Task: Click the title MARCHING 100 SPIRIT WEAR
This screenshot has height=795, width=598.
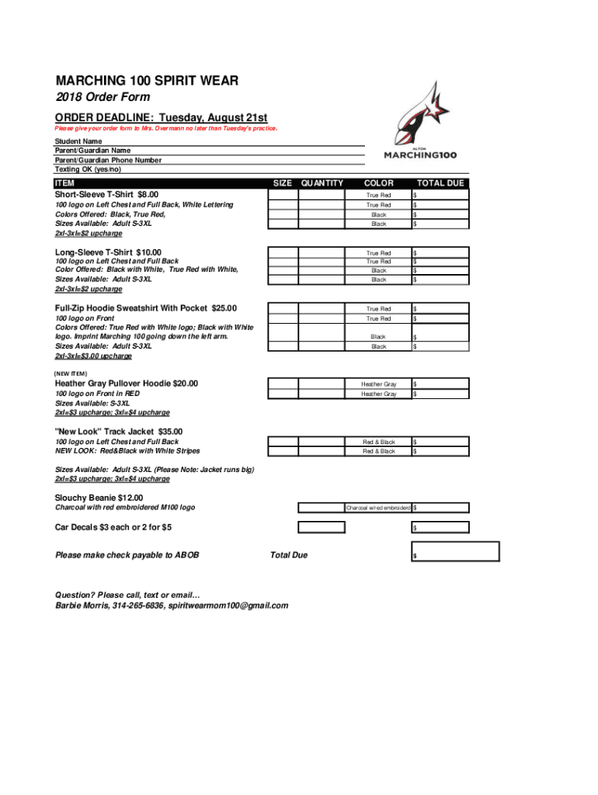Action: [146, 81]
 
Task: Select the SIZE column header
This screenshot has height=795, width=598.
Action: [283, 183]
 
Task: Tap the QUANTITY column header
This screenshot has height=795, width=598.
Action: [322, 183]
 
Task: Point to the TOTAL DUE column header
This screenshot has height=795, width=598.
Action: [440, 183]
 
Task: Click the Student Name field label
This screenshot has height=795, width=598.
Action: [78, 142]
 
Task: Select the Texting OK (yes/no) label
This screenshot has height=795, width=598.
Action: [88, 168]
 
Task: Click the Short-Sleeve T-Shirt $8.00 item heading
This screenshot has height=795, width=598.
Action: [106, 194]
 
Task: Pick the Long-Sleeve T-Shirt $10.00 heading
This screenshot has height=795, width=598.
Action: [108, 252]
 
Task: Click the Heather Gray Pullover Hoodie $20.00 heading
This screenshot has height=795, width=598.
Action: [126, 384]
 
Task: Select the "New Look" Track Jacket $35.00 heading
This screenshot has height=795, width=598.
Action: [119, 432]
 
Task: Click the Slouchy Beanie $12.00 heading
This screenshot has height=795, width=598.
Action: [99, 498]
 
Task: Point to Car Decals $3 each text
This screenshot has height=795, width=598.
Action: [113, 527]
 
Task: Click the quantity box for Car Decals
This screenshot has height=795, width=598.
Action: [322, 527]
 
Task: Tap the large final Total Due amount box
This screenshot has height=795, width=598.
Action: [456, 550]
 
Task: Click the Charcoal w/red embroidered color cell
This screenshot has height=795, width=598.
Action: [378, 508]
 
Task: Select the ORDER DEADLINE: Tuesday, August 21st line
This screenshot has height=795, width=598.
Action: [161, 116]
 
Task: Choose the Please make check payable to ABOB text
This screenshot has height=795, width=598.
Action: [127, 555]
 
